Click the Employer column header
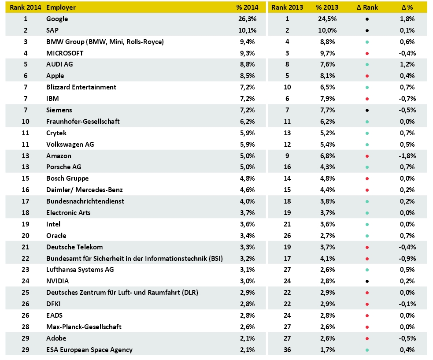click(x=61, y=7)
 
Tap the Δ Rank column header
click(x=367, y=7)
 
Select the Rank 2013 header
click(x=287, y=7)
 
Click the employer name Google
click(x=57, y=19)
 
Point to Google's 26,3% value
click(x=248, y=19)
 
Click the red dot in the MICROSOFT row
click(x=367, y=53)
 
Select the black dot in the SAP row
click(x=367, y=31)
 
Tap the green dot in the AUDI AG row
click(x=367, y=65)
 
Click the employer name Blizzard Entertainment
click(x=81, y=87)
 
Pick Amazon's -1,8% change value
click(x=407, y=156)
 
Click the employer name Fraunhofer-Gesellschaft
click(x=83, y=122)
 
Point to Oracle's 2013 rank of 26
click(x=287, y=236)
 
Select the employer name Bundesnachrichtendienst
click(x=85, y=201)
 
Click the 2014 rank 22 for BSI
click(x=26, y=259)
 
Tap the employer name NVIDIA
click(x=57, y=281)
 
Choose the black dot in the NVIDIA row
click(x=367, y=282)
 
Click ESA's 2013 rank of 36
click(x=287, y=350)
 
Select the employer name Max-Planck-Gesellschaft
click(x=84, y=327)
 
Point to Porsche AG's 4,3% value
click(x=328, y=167)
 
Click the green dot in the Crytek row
click(x=367, y=133)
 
